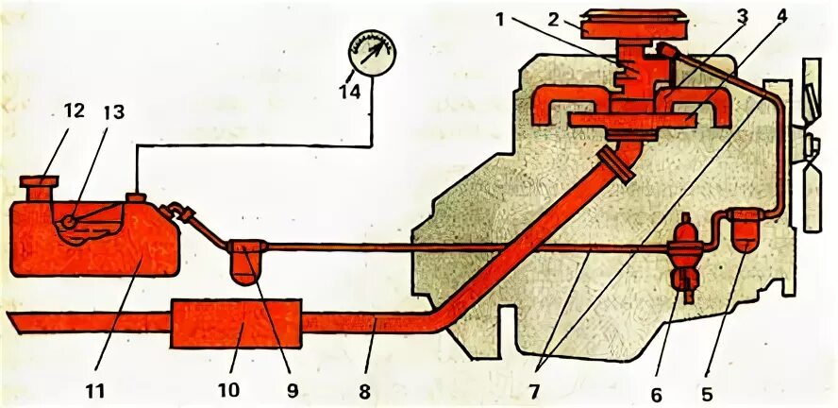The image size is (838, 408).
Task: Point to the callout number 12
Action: click(74, 111)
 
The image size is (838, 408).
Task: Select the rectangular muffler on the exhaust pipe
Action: click(235, 323)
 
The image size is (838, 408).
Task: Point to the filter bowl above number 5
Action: click(745, 234)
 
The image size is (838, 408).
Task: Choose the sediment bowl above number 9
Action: click(248, 260)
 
